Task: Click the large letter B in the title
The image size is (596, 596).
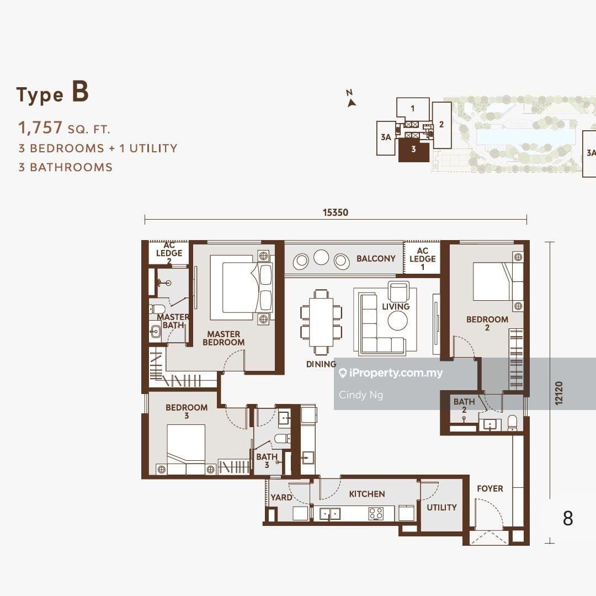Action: coord(80,92)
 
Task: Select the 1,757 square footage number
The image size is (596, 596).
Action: coord(40,127)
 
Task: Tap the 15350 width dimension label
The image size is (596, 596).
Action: coord(336,212)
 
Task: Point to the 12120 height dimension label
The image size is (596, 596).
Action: coord(558,393)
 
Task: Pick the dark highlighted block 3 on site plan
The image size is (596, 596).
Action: coord(413,150)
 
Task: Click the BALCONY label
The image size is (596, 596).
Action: coord(376,258)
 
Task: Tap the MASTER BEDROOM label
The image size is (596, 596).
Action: coord(223,338)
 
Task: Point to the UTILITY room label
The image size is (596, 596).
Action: coord(441,508)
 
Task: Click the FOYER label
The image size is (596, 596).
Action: coord(490,488)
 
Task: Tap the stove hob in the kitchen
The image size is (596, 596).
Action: coord(376,514)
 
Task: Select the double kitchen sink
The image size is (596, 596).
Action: coord(329,514)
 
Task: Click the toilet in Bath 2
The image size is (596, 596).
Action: coord(512,423)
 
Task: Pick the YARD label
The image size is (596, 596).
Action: coord(281,497)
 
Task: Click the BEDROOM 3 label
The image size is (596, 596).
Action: coord(187,411)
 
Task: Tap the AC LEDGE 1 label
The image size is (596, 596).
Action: coord(422,258)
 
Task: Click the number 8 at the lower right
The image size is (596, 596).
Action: coord(568,518)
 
